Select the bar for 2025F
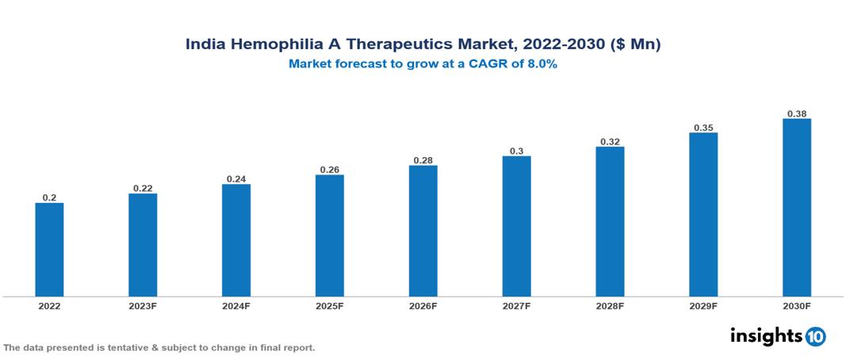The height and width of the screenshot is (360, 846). pos(330,236)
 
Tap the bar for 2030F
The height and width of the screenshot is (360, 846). pos(797,208)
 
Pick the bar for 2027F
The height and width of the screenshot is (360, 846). pos(517,226)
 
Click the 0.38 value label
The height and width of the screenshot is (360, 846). pos(797,113)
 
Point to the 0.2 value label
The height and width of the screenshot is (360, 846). pos(49,197)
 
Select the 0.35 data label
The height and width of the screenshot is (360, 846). pos(703,127)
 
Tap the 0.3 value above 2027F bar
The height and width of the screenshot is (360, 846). pos(517,151)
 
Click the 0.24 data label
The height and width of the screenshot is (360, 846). pos(236,179)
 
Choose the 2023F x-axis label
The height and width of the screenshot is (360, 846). pos(143,306)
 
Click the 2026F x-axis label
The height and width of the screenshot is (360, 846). pos(423,306)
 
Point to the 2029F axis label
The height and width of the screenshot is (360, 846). pos(703,306)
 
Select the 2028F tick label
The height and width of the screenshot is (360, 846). pos(610,306)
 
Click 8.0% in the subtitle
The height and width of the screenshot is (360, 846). pos(540,64)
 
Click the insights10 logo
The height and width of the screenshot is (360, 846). pos(778,336)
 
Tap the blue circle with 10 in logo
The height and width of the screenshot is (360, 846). pos(815,337)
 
